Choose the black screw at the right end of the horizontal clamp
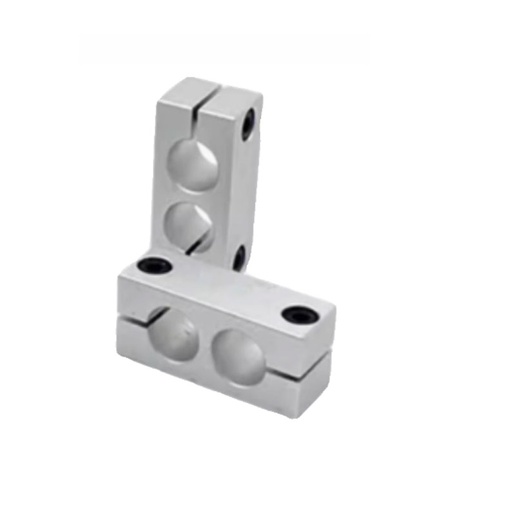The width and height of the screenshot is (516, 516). point(298,314)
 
